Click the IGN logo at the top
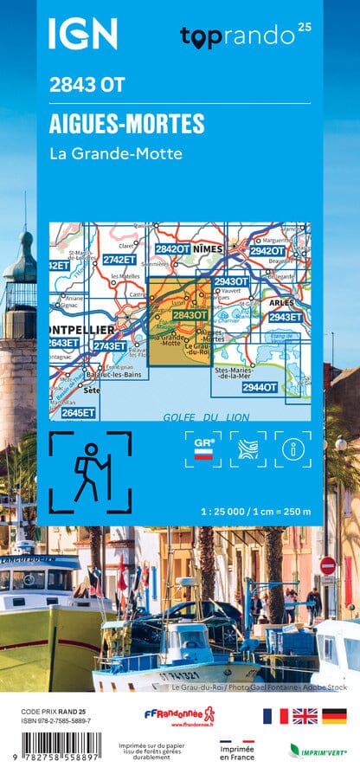point(82,34)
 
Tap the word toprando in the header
point(239,36)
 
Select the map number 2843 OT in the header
point(87,85)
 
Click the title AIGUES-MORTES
point(127,124)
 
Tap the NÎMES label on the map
point(209,248)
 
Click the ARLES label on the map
point(282,303)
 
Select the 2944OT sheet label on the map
point(260,387)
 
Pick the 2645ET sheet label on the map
point(78,412)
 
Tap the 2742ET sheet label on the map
point(119,259)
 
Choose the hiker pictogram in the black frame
point(90,472)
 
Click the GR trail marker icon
point(203,448)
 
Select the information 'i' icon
point(292,448)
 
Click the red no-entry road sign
point(328,566)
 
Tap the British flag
point(305,715)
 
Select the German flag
point(334,715)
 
